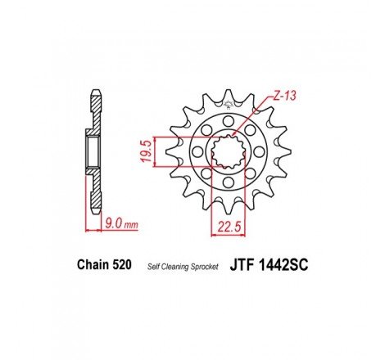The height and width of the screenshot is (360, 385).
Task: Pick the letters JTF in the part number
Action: [x=247, y=266]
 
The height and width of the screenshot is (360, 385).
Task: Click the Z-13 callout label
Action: [x=283, y=97]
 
